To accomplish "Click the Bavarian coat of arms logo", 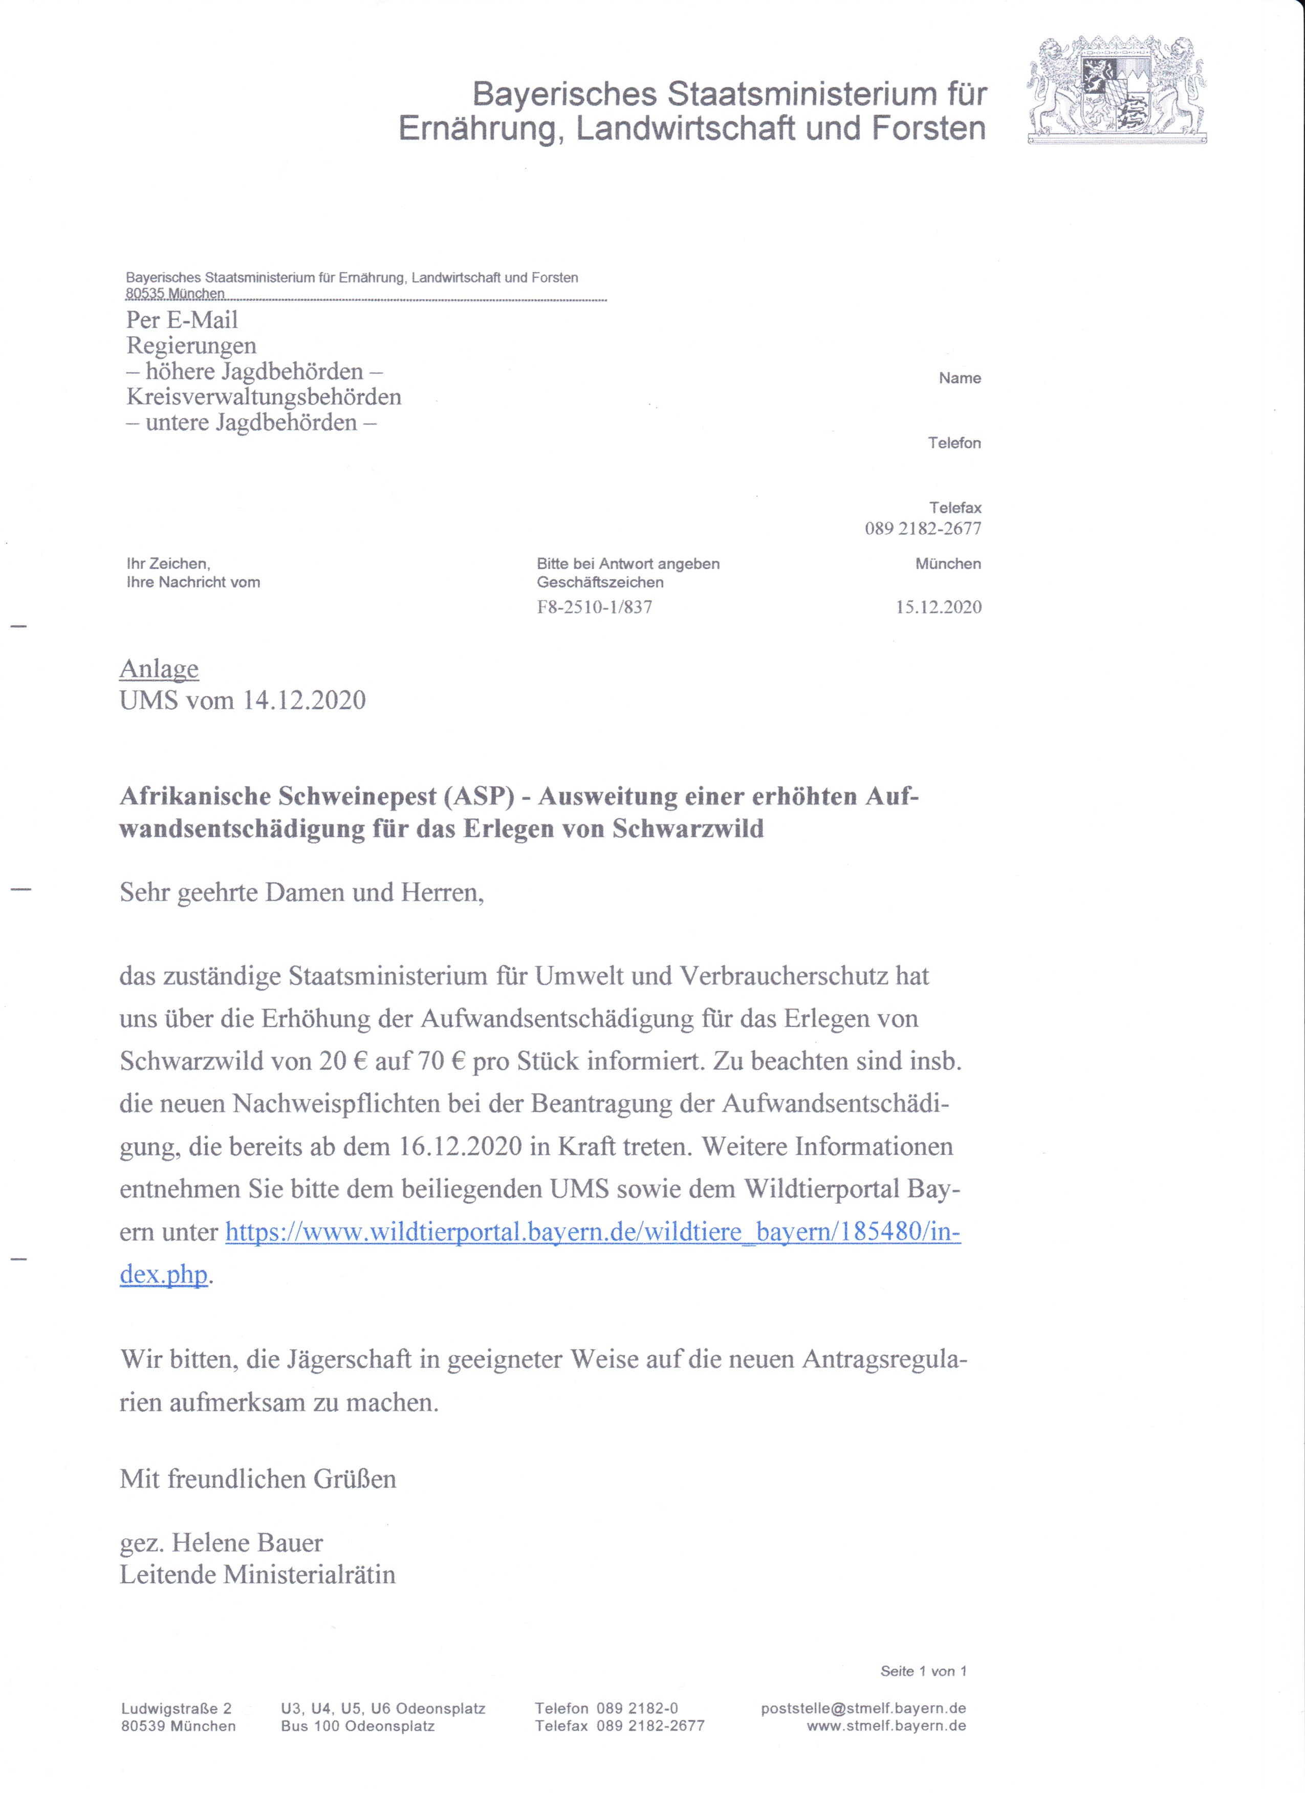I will coord(1116,90).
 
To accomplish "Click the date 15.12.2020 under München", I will coord(938,607).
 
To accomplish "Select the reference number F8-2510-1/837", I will coord(594,607).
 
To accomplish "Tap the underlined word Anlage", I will coord(159,669).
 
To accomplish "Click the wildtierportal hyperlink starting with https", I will coord(593,1232).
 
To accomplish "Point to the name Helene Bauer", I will coord(247,1542).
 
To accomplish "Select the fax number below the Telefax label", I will coord(922,528).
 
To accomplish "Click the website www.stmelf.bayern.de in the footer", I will coord(886,1726).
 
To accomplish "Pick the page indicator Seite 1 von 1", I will coord(923,1671).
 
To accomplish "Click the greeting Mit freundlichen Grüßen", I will coord(258,1478).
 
